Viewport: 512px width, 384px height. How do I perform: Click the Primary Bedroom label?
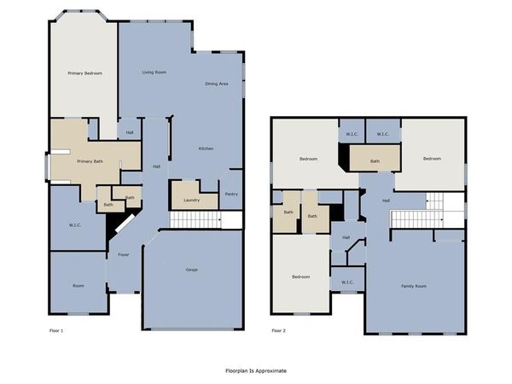coord(84,73)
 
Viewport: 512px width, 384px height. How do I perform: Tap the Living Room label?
coord(154,73)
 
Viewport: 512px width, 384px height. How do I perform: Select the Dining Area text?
coord(217,84)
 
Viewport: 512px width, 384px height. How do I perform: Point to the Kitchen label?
coord(206,148)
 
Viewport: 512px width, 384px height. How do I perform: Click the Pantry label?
coord(231,194)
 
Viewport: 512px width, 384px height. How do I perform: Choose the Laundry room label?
coord(191,201)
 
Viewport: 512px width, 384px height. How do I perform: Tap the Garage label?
coord(192,270)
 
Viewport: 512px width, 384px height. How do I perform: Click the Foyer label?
coord(124,254)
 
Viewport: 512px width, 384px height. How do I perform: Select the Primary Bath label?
coord(90,161)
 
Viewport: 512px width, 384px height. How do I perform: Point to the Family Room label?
coord(414,286)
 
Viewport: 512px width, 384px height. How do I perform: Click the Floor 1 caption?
coord(56,330)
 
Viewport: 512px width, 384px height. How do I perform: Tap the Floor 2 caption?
coord(278,330)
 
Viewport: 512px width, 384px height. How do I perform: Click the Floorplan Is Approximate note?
coord(256,370)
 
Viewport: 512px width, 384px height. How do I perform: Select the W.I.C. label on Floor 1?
coord(75,225)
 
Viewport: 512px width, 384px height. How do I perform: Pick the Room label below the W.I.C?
coord(79,286)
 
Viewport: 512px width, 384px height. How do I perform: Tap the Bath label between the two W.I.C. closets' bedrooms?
coord(375,161)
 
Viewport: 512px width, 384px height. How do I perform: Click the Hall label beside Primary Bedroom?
coord(130,132)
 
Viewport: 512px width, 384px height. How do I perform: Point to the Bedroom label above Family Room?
coord(432,159)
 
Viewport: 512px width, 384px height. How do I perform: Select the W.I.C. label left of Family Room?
coord(347,282)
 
